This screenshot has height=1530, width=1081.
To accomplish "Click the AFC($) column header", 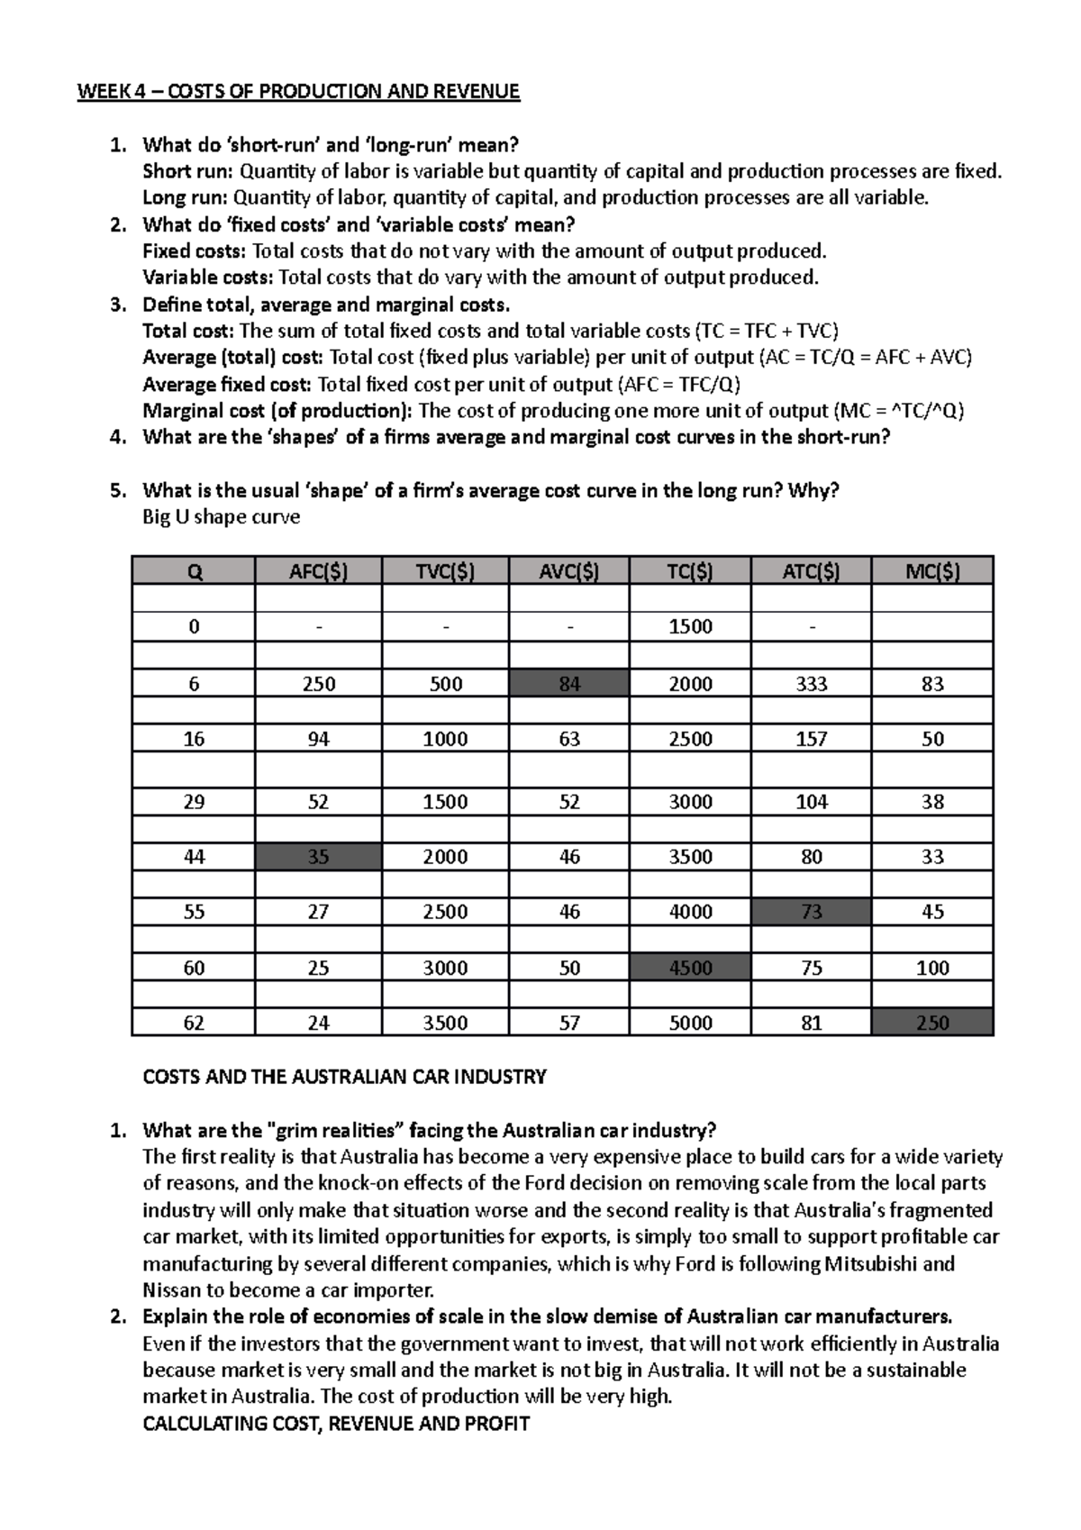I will click(318, 571).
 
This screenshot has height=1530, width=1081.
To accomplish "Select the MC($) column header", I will click(932, 571).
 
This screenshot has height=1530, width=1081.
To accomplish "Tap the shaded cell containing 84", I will click(569, 684).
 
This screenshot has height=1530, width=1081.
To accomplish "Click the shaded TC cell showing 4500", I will click(690, 968).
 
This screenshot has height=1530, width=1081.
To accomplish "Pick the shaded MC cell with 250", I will click(932, 1023).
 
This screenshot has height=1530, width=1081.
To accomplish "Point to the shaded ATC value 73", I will click(811, 912).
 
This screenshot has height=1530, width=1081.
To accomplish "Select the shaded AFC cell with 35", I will click(318, 857).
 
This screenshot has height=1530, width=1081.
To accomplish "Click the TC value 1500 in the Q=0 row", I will click(690, 627).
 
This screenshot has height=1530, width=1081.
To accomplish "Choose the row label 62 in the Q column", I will click(194, 1023).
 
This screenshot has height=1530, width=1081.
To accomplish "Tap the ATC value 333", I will click(811, 684).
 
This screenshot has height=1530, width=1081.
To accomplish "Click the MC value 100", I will click(932, 968).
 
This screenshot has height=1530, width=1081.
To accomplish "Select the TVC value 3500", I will click(445, 1023).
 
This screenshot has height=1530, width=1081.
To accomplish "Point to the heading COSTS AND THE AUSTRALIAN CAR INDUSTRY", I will click(344, 1077).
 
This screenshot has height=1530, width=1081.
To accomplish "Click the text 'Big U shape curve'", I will click(221, 517).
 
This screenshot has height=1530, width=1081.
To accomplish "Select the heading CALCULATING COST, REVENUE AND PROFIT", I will click(336, 1424).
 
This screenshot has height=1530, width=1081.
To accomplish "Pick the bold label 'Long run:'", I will click(185, 198).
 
